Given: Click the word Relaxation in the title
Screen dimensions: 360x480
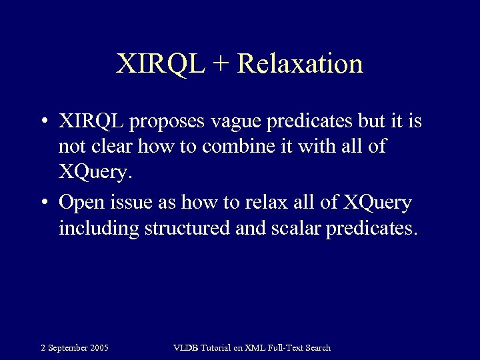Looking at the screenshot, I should [299, 64].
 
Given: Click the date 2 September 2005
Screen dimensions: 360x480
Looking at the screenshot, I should [75, 347].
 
